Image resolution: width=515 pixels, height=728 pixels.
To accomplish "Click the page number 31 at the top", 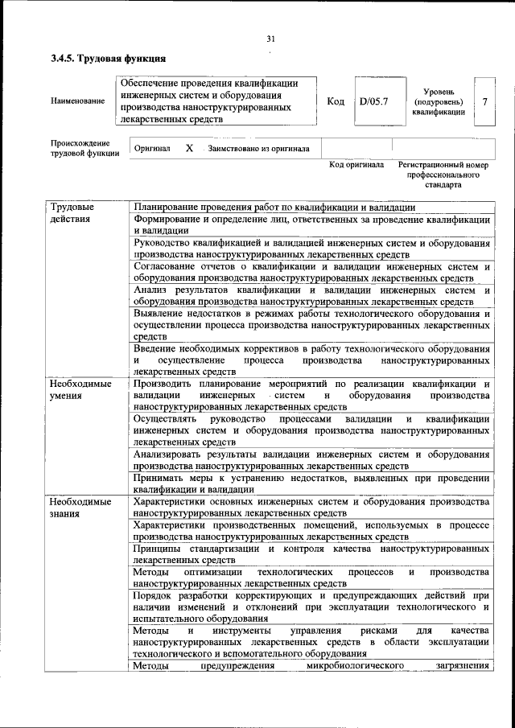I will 270,39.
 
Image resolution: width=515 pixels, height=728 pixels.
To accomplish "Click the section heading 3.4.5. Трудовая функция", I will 108,59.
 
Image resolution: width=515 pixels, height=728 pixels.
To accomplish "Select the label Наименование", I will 77,101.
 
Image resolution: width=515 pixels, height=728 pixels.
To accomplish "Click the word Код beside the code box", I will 336,101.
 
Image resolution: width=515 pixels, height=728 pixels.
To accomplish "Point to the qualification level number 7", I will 484,101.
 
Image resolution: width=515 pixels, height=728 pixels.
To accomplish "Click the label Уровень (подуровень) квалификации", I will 439,102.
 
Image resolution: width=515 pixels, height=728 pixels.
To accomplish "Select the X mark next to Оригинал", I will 189,149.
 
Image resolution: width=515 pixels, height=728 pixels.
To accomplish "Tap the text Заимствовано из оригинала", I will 258,149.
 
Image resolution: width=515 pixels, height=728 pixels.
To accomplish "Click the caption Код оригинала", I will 356,165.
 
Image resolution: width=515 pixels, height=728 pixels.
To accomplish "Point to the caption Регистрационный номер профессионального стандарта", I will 443,174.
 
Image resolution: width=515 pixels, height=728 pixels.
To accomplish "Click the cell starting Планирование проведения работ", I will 274,208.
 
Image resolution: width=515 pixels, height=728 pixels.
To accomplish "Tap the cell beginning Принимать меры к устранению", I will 311,483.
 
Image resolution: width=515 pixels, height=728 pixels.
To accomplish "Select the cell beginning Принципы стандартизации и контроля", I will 311,553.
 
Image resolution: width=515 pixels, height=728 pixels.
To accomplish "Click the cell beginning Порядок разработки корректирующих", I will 311,607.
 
